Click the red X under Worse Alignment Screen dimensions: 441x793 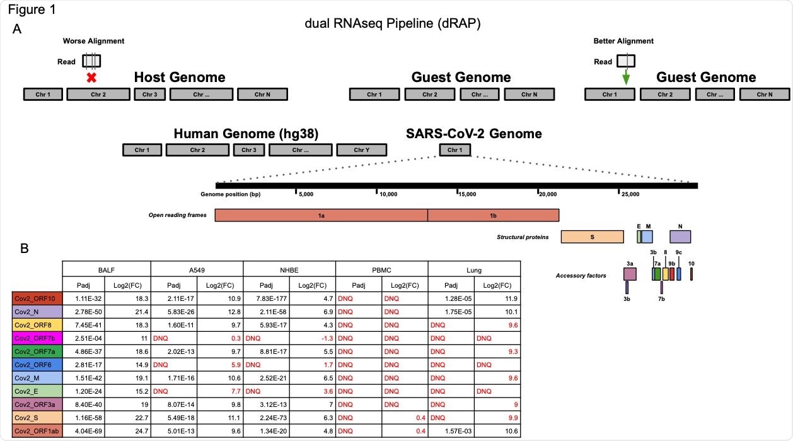[x=91, y=78]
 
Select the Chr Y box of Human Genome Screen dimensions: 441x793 [x=361, y=150]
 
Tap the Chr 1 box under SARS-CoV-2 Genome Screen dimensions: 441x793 [x=454, y=150]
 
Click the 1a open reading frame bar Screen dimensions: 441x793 [x=321, y=215]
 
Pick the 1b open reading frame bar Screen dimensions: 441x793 [x=493, y=215]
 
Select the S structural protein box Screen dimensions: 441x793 [x=592, y=237]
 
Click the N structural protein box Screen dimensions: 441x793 [x=680, y=237]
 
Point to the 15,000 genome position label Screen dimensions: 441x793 [x=467, y=195]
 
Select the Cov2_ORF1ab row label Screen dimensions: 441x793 [x=37, y=431]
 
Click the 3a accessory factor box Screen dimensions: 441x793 [x=630, y=274]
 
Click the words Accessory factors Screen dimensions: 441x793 [x=581, y=276]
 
